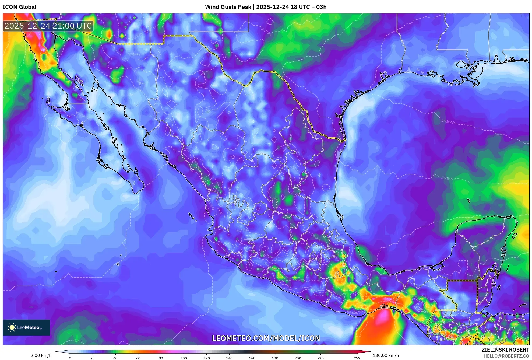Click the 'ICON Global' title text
[x=19, y=7]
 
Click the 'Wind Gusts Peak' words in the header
[x=228, y=7]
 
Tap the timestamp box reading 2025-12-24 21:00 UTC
[x=48, y=26]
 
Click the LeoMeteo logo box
[x=26, y=327]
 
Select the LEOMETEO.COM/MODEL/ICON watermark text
[x=266, y=338]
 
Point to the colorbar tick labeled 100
[x=184, y=358]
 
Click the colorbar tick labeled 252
[x=357, y=358]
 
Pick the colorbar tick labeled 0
[x=70, y=358]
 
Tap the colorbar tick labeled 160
[x=252, y=358]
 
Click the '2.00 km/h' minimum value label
[x=41, y=355]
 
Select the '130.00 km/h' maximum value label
[x=386, y=355]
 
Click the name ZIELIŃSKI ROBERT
[x=505, y=350]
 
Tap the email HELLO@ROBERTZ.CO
[x=506, y=356]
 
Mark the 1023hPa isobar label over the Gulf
[x=447, y=121]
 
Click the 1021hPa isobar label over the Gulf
[x=447, y=178]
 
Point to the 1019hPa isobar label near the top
[x=266, y=32]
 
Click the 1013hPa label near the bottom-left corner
[x=77, y=341]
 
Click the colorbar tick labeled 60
[x=138, y=358]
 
